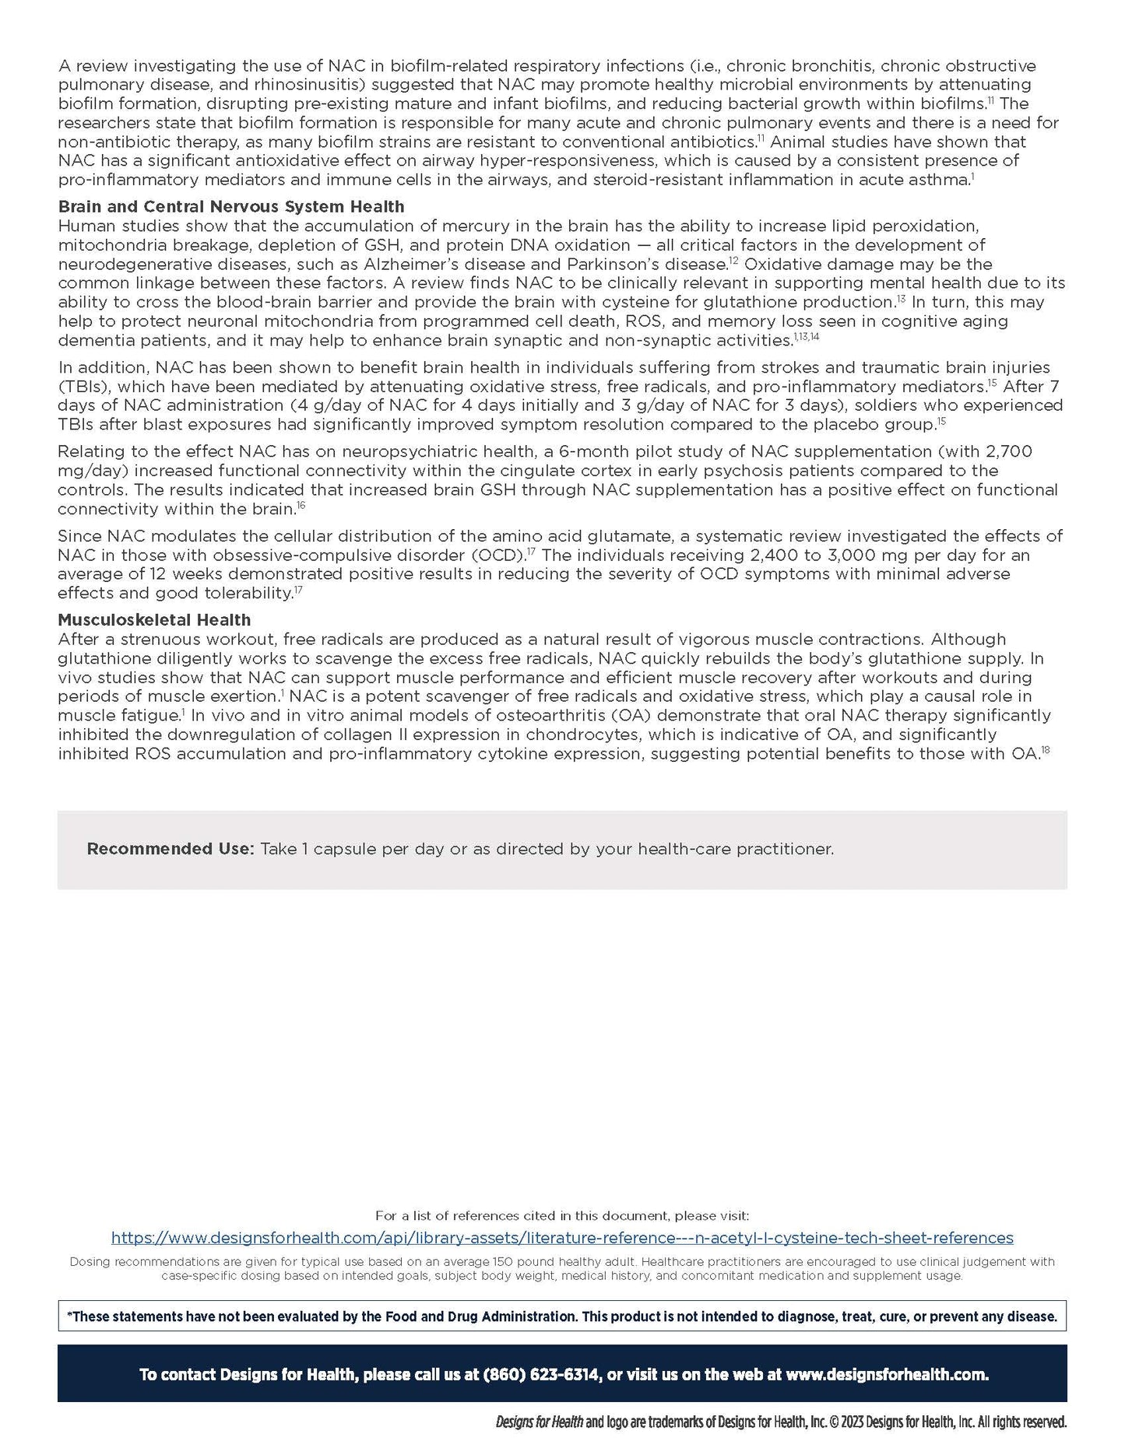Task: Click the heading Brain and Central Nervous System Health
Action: point(231,207)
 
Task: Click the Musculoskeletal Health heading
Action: point(154,620)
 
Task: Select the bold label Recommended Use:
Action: point(171,849)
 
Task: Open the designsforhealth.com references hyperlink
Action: point(562,1238)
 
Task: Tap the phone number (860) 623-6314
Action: point(542,1375)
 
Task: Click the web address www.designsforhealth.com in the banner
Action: point(887,1375)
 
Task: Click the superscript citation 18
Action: point(1046,750)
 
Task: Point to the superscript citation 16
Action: point(301,506)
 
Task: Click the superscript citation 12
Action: point(733,261)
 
